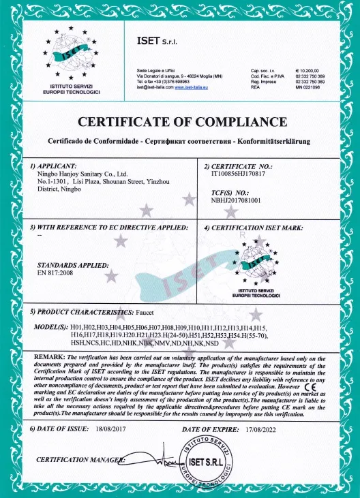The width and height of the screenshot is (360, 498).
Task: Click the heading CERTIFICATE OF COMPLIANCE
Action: point(180,122)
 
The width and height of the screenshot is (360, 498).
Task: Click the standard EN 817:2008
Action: point(55,273)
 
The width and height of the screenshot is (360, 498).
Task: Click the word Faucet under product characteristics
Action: point(151,312)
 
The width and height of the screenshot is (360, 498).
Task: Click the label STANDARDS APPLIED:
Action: point(72,264)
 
